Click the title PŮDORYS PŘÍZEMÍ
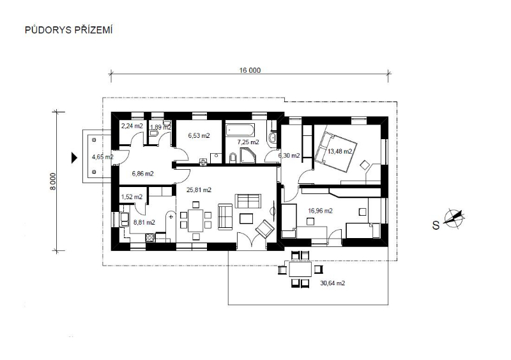coord(69,29)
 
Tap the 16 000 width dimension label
coord(250,70)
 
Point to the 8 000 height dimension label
coord(53,181)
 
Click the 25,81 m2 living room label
coord(199,190)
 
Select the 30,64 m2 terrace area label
coord(332,283)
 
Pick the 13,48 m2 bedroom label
coord(340,151)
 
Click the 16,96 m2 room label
coord(321,211)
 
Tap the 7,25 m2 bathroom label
coord(248,142)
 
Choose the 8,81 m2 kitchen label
coord(144,223)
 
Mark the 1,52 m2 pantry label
coord(132,197)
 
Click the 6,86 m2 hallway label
coord(142,174)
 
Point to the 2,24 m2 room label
coord(132,126)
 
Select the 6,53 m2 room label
coord(199,135)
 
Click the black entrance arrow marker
coord(74,158)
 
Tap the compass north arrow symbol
coord(454,217)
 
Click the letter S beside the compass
coord(436,225)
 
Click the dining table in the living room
coord(195,220)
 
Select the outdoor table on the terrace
coord(300,269)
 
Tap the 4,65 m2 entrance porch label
coord(103,157)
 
